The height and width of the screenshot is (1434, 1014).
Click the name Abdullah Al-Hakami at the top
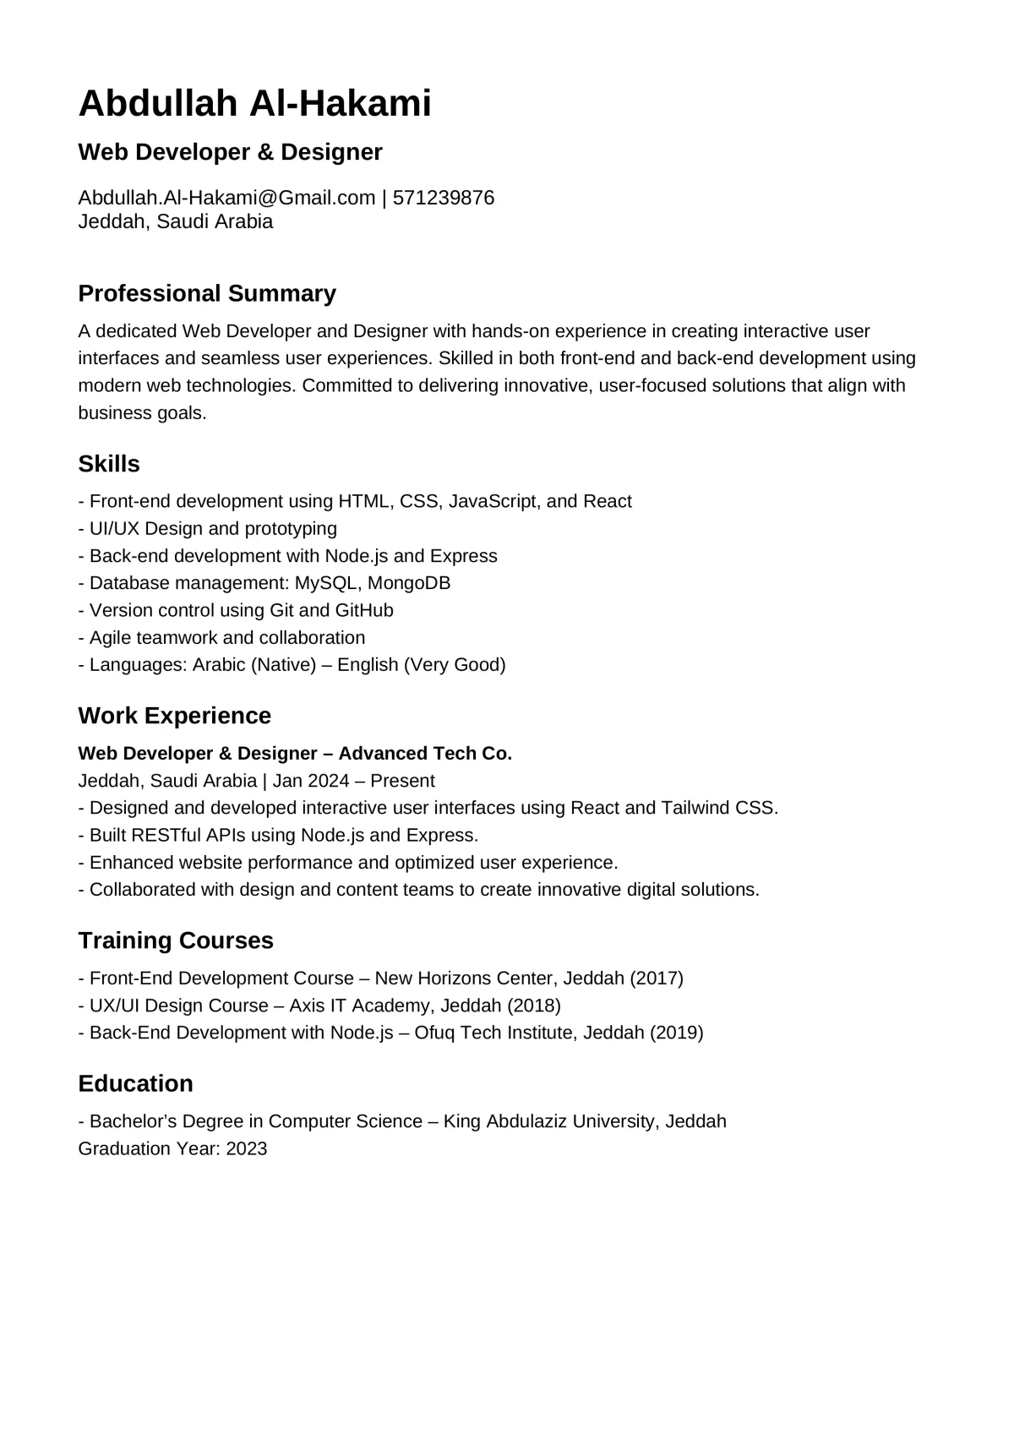(x=254, y=104)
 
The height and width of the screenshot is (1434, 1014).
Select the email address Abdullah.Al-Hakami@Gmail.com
(x=226, y=198)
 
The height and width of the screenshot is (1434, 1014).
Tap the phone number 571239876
(x=444, y=198)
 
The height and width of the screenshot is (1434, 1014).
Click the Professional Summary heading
(x=207, y=293)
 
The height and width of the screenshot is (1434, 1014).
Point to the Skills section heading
(x=109, y=464)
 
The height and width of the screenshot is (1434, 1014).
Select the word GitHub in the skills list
(x=364, y=610)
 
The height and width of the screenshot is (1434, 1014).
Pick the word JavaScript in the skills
(x=493, y=501)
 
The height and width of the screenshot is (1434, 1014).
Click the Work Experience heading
(x=174, y=716)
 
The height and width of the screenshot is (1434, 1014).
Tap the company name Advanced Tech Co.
(x=425, y=753)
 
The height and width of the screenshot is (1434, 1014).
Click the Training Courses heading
(x=176, y=941)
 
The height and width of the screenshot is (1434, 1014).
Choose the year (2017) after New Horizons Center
(x=657, y=979)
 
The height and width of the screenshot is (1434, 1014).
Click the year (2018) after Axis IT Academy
(x=534, y=1006)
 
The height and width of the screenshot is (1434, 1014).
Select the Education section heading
(x=135, y=1083)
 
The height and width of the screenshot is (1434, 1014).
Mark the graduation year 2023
(x=247, y=1148)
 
